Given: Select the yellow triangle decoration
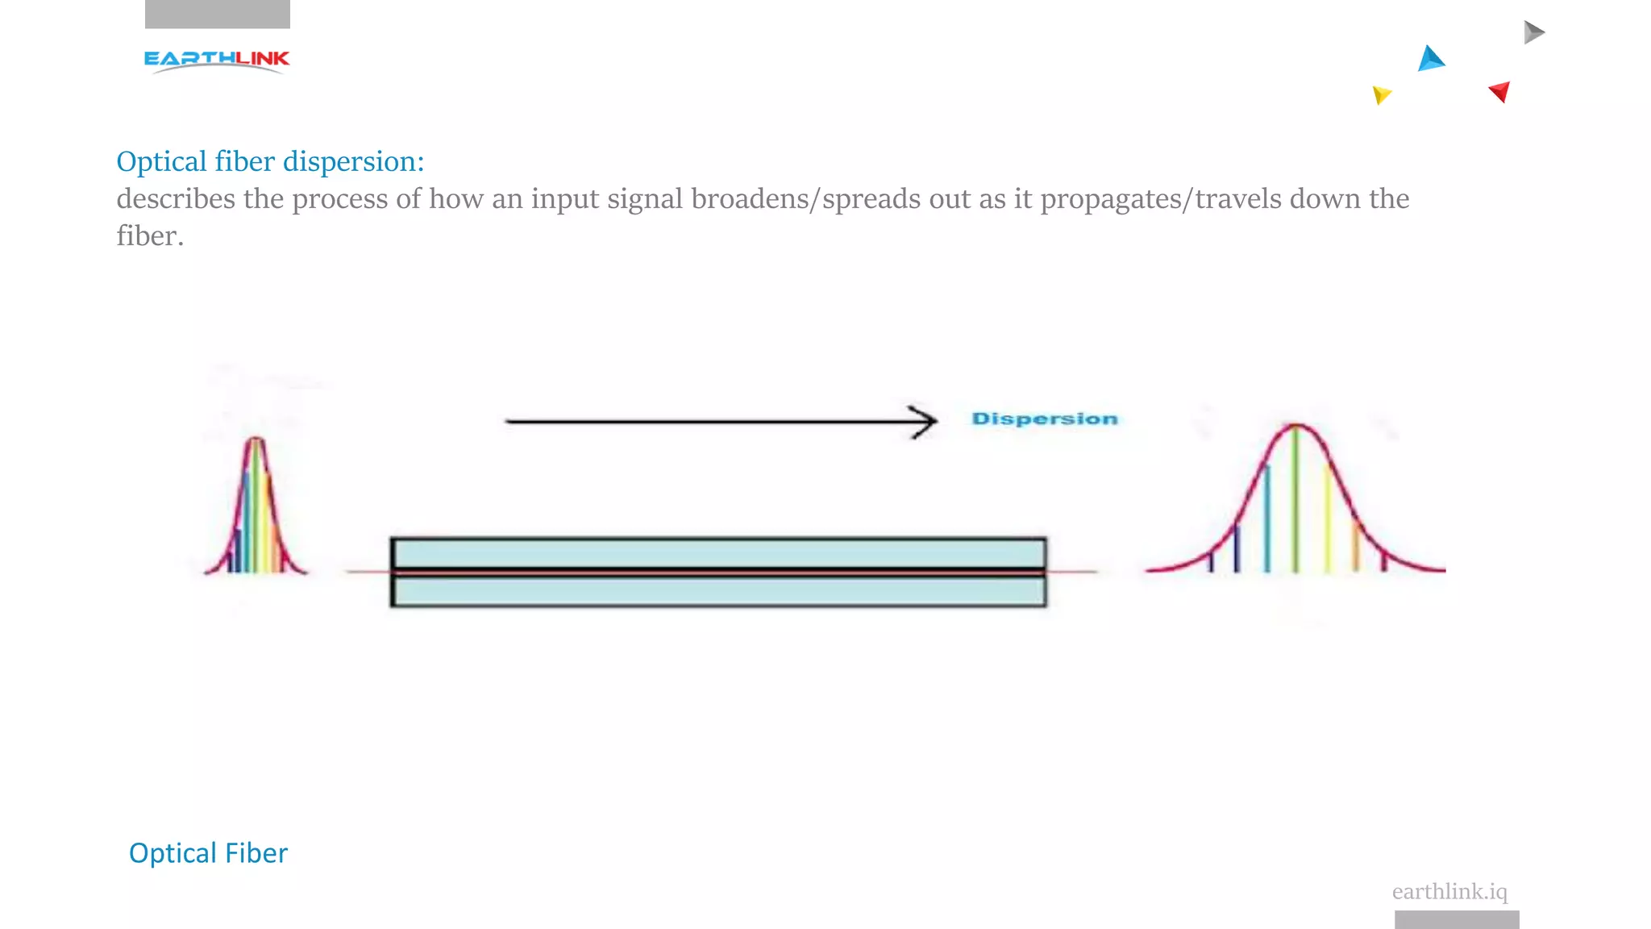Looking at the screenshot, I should click(1381, 95).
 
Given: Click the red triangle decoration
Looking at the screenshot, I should click(1500, 91).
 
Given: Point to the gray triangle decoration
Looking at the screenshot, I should click(1532, 32).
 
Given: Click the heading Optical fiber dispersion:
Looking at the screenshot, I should click(270, 161).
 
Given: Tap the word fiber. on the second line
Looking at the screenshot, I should click(150, 236).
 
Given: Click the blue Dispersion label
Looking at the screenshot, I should click(1045, 419).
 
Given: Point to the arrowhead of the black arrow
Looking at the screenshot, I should click(927, 421).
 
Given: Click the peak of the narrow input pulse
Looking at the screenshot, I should click(256, 440).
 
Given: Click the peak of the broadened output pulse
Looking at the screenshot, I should click(1295, 425).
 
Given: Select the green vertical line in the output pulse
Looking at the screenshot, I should click(1295, 500).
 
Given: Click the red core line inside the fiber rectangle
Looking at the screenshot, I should click(717, 571).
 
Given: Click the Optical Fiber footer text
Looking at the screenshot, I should click(208, 853).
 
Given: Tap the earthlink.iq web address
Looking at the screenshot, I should click(1449, 891).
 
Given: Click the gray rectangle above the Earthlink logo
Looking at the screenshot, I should click(218, 14).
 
